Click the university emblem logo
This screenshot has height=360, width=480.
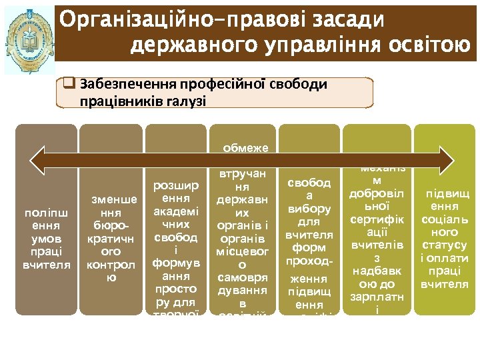29,40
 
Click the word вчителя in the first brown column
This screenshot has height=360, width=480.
46,265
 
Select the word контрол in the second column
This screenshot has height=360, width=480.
111,265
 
